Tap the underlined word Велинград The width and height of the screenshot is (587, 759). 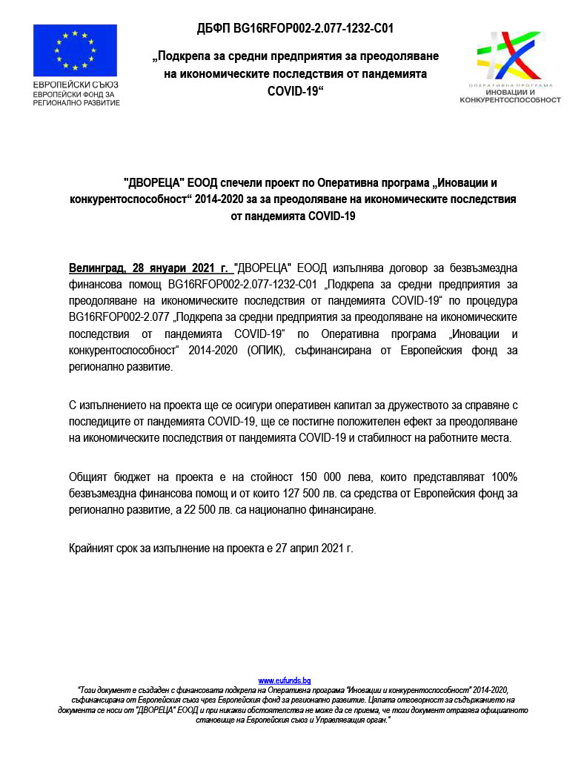96,267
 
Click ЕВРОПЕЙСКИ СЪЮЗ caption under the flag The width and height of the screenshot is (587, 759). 76,85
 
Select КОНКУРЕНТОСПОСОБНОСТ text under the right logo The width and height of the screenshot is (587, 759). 510,99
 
